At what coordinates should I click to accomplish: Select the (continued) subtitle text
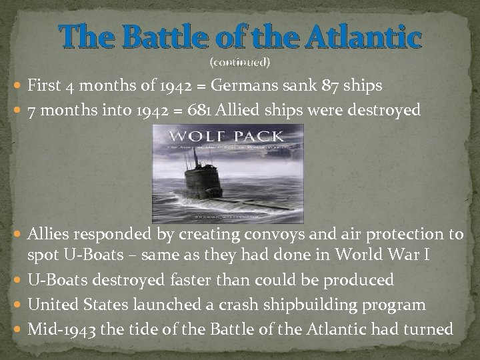click(x=240, y=63)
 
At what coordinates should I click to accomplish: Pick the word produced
click(x=360, y=280)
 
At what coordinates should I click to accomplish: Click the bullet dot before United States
click(x=17, y=305)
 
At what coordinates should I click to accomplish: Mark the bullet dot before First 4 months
click(x=17, y=87)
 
